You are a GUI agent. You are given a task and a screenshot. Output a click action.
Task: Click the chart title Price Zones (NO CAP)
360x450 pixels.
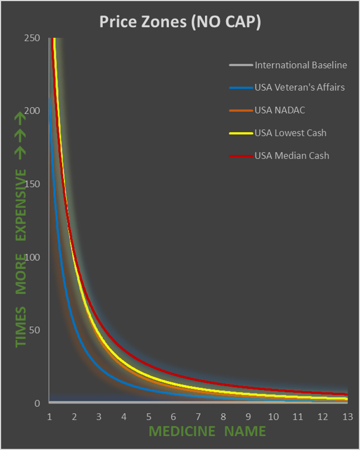click(x=180, y=22)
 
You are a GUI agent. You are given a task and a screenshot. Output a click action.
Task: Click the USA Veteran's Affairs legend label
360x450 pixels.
click(x=300, y=87)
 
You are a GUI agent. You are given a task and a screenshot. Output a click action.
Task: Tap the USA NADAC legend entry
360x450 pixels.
click(x=280, y=110)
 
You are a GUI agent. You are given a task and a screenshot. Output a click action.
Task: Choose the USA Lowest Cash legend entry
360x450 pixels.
click(x=290, y=133)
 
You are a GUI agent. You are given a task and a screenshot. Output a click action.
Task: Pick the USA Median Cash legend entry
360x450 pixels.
click(x=292, y=155)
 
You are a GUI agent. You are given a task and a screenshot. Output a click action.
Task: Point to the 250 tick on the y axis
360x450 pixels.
click(x=32, y=38)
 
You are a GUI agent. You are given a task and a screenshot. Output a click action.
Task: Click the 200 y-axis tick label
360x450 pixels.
click(x=32, y=111)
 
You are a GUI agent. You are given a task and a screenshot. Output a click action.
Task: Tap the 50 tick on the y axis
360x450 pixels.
click(x=35, y=330)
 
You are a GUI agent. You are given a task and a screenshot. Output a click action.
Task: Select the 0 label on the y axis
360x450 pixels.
click(x=37, y=403)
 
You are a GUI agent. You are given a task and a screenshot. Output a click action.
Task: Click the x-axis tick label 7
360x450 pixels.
click(x=198, y=416)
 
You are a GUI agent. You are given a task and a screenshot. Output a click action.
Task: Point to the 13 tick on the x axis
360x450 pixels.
click(x=347, y=416)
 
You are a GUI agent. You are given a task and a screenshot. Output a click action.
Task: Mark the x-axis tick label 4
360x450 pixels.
click(x=124, y=416)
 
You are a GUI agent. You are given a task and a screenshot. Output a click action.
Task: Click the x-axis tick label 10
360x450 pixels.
click(x=273, y=416)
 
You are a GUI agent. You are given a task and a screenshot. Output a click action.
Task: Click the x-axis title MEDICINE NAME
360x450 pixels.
click(x=207, y=431)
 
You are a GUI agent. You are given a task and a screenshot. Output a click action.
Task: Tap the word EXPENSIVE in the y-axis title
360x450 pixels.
click(x=21, y=205)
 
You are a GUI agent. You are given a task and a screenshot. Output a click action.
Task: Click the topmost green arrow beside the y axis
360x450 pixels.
click(x=20, y=119)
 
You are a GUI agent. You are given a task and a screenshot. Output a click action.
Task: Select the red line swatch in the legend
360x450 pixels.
click(x=241, y=156)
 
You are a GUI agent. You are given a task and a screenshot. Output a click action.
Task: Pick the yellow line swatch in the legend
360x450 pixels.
click(x=241, y=133)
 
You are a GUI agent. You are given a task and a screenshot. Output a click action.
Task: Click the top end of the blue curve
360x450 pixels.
click(x=49, y=98)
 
